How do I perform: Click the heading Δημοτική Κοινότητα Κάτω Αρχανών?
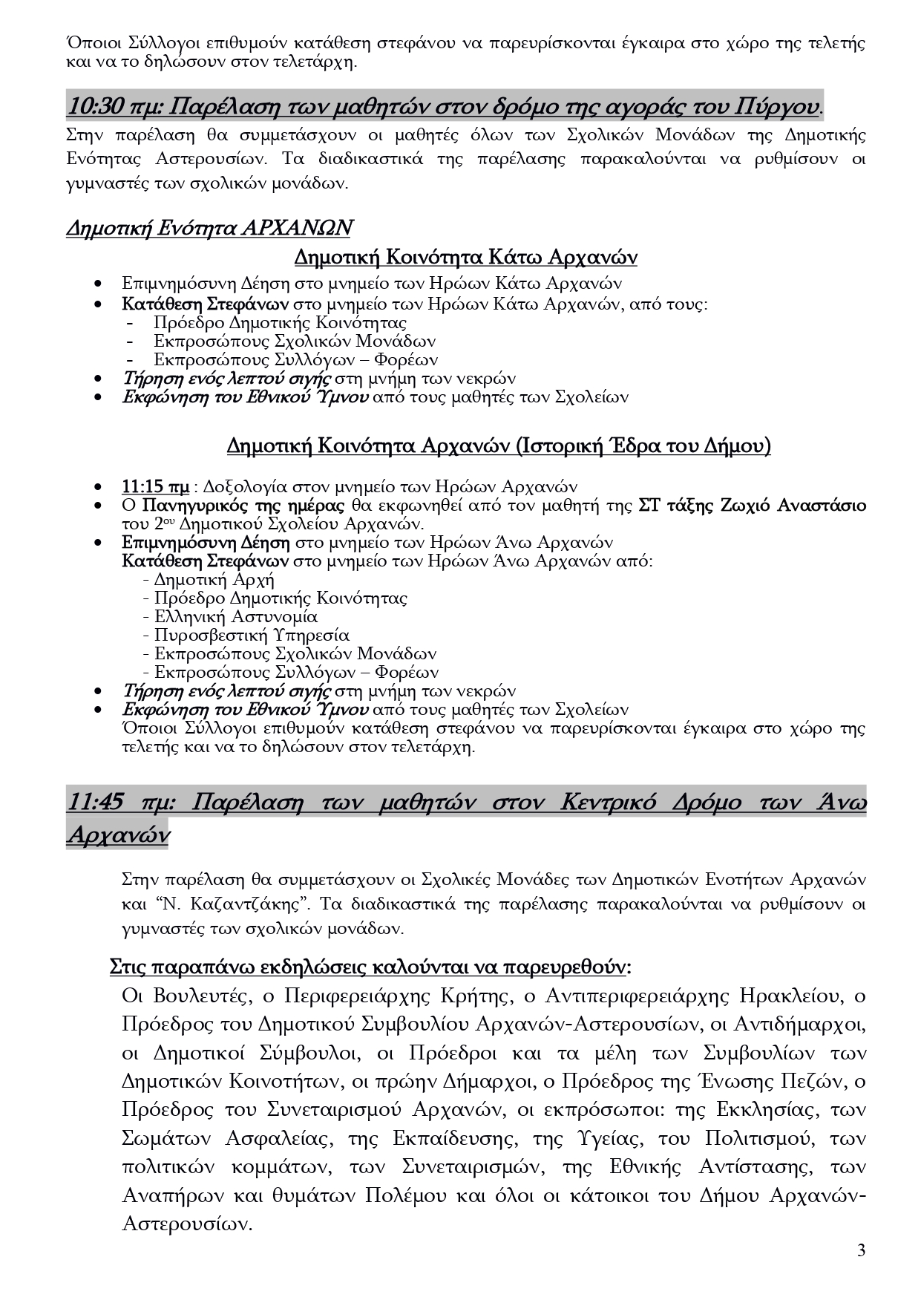click(x=465, y=258)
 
